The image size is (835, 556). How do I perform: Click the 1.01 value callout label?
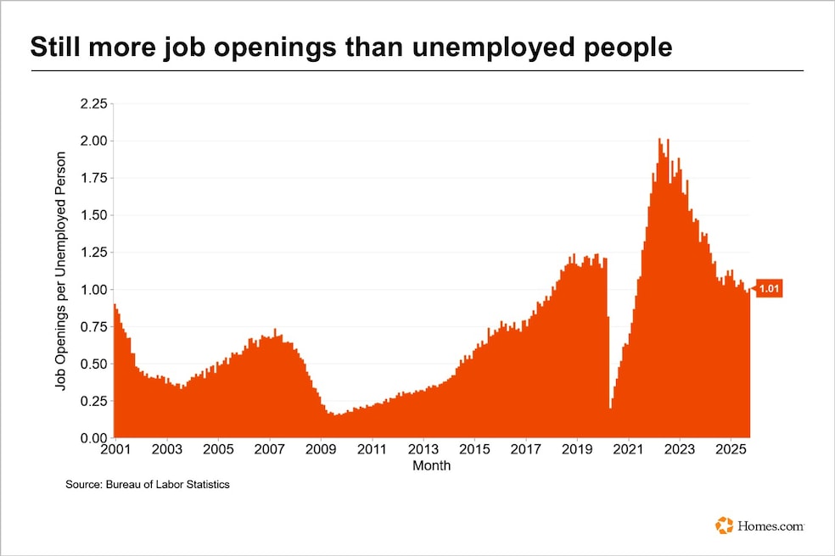click(x=769, y=290)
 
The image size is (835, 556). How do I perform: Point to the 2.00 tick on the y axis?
click(x=93, y=141)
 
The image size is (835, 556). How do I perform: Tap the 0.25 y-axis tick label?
click(x=93, y=401)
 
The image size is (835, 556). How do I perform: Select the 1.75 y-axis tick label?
click(x=93, y=178)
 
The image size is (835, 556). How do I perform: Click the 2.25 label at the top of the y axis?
click(x=93, y=103)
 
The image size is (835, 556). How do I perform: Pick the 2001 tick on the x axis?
click(x=115, y=449)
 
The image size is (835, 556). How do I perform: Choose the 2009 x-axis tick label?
click(x=321, y=449)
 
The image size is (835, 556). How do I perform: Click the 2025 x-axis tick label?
click(x=731, y=449)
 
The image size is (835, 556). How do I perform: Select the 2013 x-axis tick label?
click(x=423, y=449)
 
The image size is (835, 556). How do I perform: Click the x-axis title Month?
click(x=431, y=465)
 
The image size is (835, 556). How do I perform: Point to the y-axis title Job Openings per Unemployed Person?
click(x=60, y=271)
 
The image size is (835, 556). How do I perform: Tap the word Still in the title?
click(x=56, y=48)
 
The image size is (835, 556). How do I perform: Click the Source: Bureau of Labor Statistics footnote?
click(x=148, y=485)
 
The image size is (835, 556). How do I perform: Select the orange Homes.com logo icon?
click(x=724, y=525)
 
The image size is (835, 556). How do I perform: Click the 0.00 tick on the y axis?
click(x=93, y=438)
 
